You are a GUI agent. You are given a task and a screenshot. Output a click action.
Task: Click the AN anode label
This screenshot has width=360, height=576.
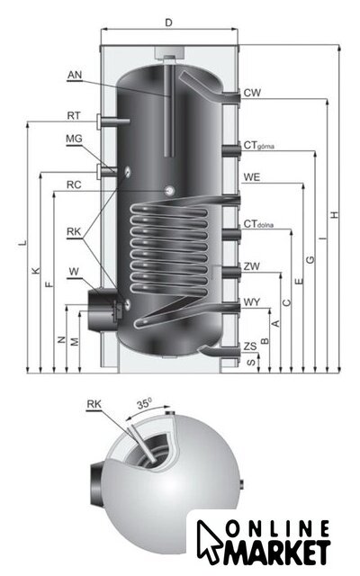75,75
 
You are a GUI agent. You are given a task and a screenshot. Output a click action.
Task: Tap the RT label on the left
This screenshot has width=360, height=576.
74,116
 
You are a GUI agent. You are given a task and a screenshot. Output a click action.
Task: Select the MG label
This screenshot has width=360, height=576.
74,139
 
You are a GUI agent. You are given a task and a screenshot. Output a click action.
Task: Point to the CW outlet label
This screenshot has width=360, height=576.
252,93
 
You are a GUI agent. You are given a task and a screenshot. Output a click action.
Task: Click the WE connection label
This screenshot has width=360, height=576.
252,177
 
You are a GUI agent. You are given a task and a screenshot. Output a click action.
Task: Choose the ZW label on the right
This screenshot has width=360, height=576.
252,266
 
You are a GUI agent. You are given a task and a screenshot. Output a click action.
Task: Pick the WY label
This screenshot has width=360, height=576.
252,302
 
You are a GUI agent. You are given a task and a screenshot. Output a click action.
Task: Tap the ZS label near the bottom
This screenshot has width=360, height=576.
250,346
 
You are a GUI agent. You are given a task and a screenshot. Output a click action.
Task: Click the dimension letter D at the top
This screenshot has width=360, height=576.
168,23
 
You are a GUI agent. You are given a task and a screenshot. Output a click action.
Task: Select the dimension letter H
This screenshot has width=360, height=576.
334,215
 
